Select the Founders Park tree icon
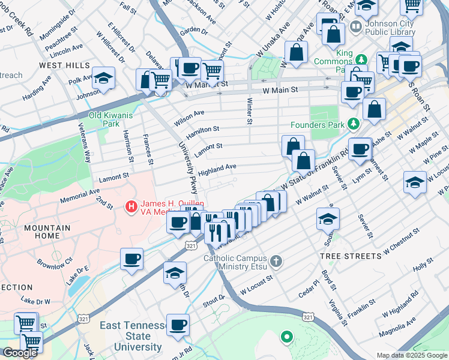(353, 125)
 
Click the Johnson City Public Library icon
(356, 26)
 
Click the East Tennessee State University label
(133, 336)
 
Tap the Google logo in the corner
(20, 353)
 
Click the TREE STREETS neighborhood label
(350, 256)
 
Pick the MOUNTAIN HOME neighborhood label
(42, 232)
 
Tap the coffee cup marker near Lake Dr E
(131, 260)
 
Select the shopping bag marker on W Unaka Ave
(297, 53)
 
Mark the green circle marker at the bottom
(286, 337)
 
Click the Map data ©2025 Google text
(412, 355)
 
